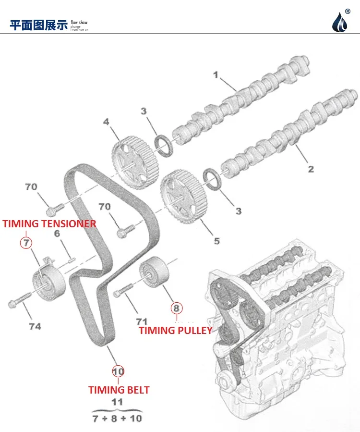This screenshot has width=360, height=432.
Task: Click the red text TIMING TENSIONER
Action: coord(49,224)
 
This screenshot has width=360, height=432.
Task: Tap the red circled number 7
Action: coord(26,242)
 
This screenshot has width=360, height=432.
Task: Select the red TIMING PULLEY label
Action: coord(176,330)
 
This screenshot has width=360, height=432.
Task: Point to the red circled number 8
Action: coord(176,308)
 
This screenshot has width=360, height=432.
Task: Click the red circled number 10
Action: coord(118,371)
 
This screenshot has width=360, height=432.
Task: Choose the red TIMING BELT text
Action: coord(119,390)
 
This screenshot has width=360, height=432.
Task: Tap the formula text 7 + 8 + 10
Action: coord(117,418)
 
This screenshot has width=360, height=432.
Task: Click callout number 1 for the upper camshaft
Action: coord(216,75)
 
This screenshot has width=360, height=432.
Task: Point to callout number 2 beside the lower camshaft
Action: coord(311,169)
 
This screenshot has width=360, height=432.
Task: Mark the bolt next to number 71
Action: coord(123,290)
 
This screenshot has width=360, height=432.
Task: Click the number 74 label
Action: coord(35,327)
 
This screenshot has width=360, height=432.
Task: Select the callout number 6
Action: coord(57,234)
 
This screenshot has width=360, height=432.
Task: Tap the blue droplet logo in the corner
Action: coord(342,21)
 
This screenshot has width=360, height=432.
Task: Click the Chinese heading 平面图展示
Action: coord(38,25)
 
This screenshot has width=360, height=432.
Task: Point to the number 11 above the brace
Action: coord(117,403)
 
